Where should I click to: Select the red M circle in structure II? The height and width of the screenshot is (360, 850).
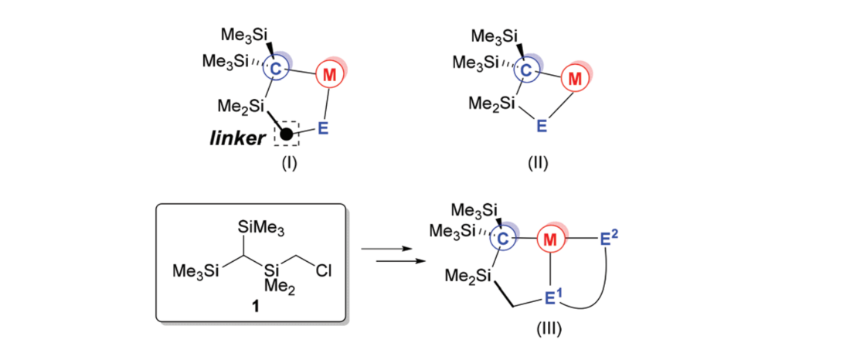point(573,78)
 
